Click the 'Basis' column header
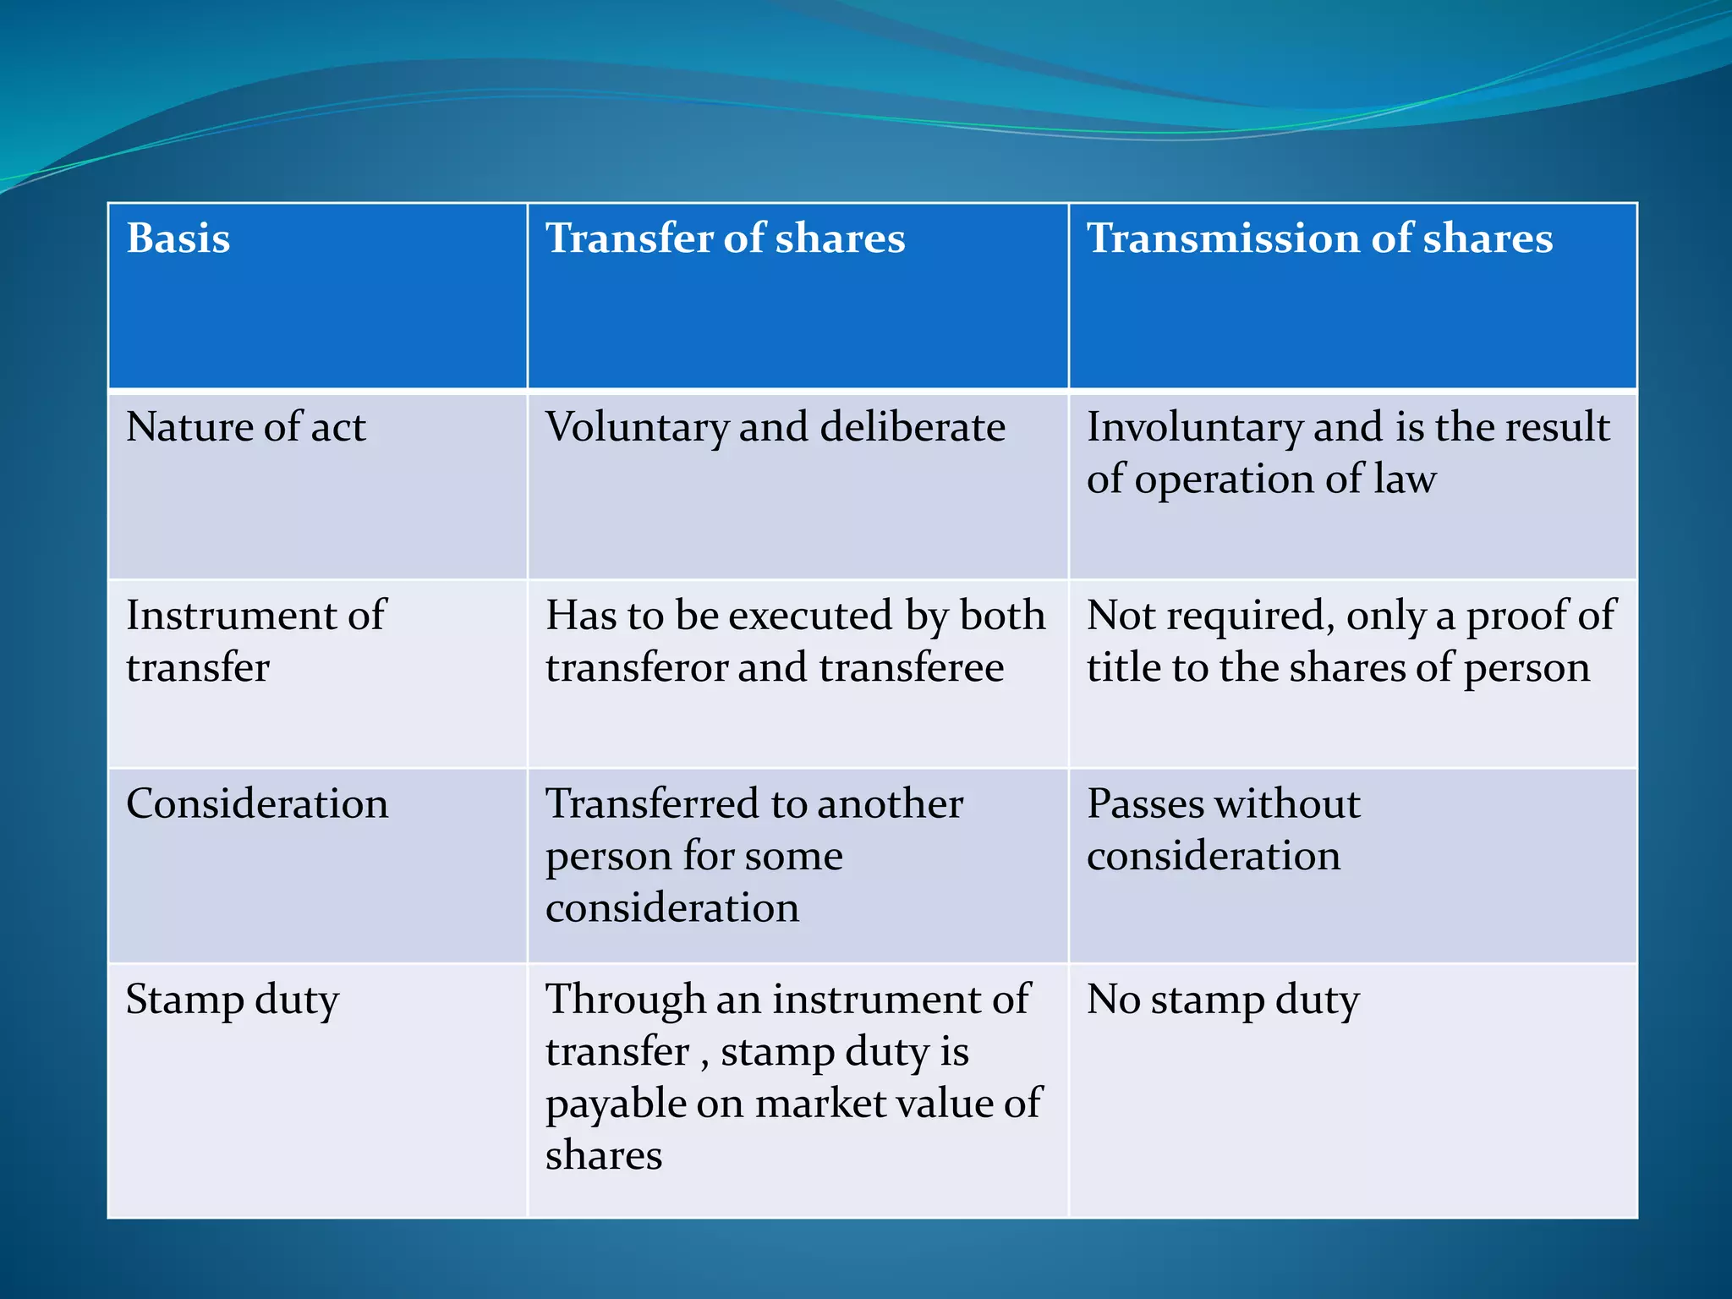pos(178,238)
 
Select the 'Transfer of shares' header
pos(725,238)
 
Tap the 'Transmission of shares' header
pos(1319,238)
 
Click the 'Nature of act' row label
pos(245,427)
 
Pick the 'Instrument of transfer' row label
pos(255,641)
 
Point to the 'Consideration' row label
pos(257,803)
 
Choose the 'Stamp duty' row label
pos(233,1000)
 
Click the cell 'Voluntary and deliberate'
pos(776,427)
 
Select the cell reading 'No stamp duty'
pos(1223,1000)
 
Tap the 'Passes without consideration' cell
pos(1223,830)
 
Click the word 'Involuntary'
pos(1194,427)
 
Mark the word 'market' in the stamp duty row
pos(814,1104)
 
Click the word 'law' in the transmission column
pos(1405,480)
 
